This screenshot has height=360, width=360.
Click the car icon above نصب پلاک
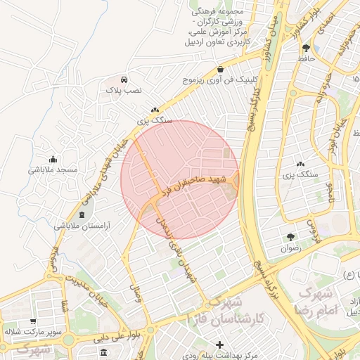[124, 79]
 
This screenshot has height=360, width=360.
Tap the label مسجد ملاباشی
[53, 170]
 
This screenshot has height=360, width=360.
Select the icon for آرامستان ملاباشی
[82, 214]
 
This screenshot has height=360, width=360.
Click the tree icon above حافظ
[307, 48]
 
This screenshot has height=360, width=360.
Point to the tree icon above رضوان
[290, 237]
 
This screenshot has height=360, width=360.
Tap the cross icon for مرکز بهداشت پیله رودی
[221, 345]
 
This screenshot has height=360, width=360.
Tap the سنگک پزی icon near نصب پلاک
[155, 109]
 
